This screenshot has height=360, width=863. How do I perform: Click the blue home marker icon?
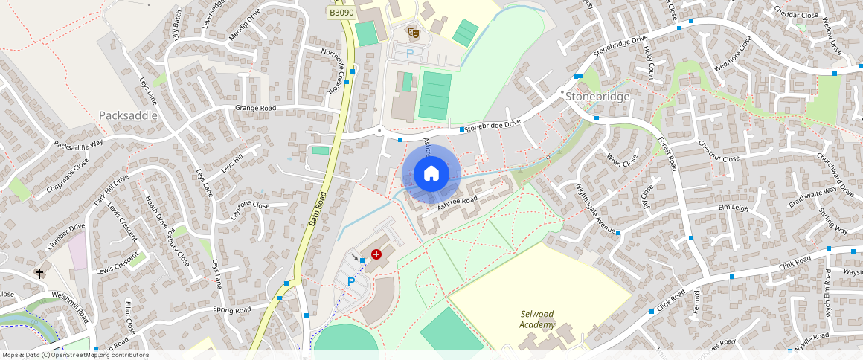click(x=431, y=174)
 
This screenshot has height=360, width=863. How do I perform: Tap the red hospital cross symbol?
click(x=376, y=254)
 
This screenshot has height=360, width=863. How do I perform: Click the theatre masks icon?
click(x=413, y=32)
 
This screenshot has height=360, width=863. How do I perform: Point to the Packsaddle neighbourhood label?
click(x=128, y=116)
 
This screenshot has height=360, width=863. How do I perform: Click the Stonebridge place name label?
click(x=597, y=97)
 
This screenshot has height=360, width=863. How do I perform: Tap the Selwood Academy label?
click(x=538, y=319)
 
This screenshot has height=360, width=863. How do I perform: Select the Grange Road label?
click(x=255, y=109)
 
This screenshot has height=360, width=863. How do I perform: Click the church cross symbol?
click(x=39, y=274)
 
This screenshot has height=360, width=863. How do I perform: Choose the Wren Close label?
click(x=623, y=159)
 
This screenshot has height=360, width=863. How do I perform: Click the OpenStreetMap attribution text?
click(x=75, y=355)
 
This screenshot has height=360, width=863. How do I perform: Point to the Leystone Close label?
click(x=250, y=205)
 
